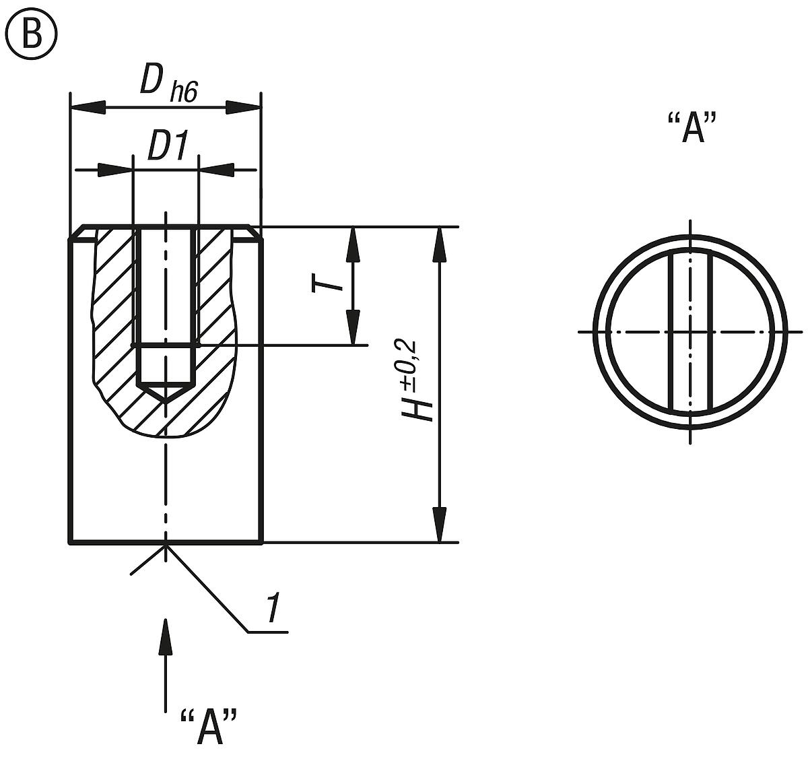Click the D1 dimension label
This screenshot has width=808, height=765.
(x=166, y=147)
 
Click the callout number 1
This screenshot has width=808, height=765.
(x=272, y=609)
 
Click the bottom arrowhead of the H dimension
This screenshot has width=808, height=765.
(x=440, y=525)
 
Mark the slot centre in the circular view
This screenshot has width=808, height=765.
(x=690, y=331)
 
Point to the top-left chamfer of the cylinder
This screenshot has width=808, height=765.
(x=76, y=232)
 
